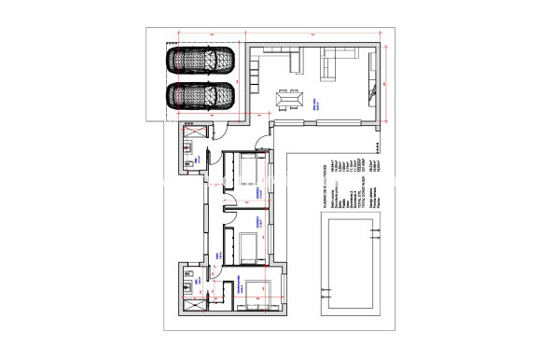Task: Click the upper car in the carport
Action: point(201,61)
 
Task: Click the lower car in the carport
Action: point(201,95)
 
